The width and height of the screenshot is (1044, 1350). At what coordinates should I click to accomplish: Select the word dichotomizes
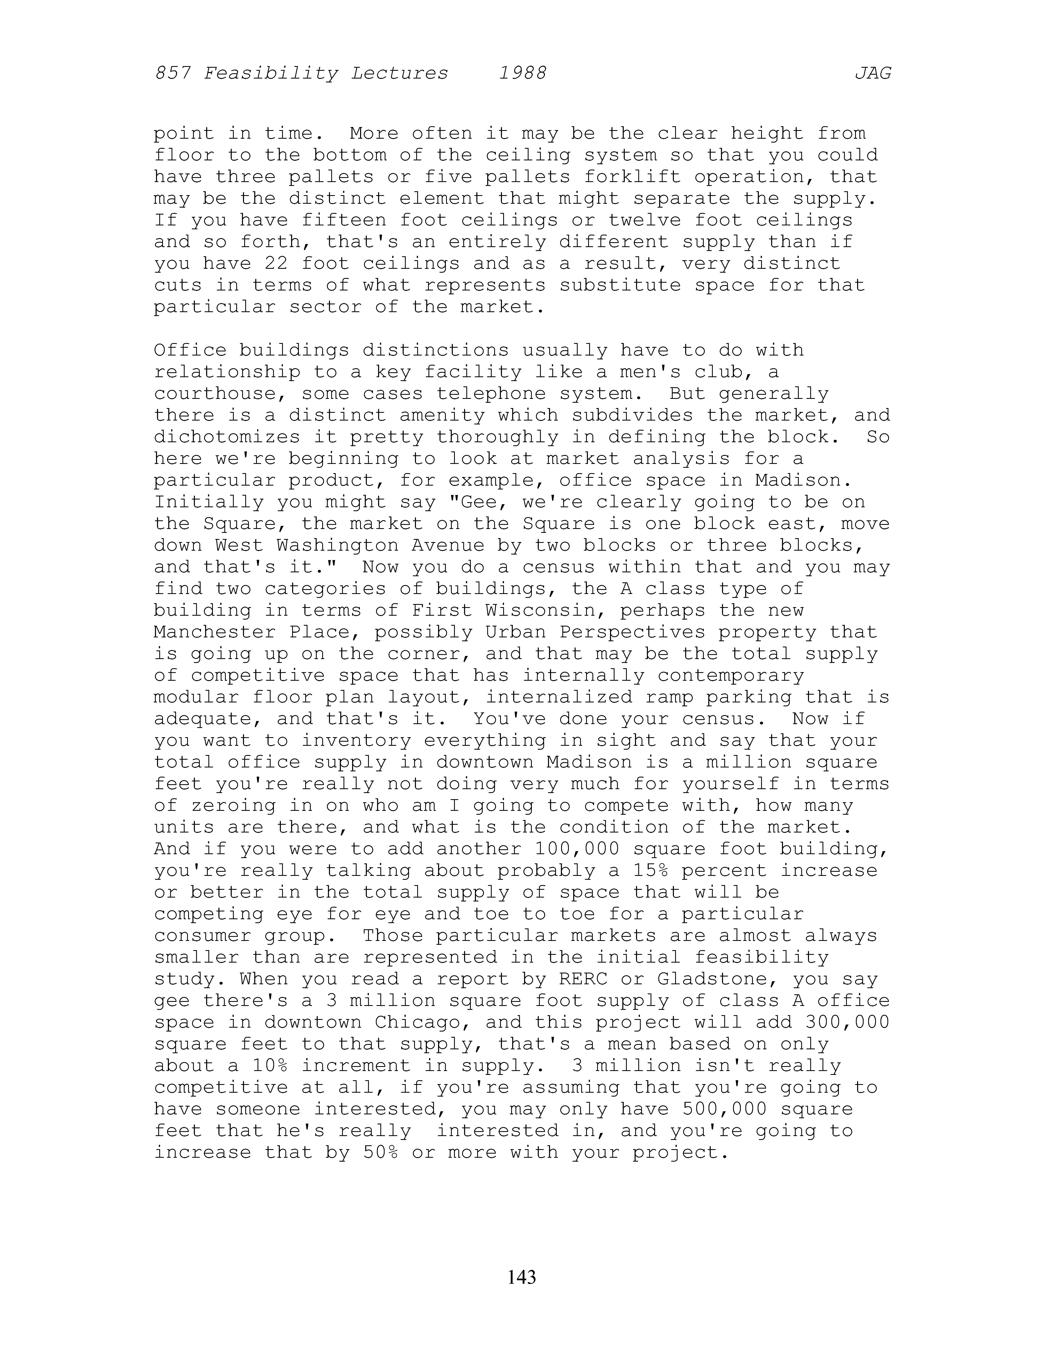click(227, 437)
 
